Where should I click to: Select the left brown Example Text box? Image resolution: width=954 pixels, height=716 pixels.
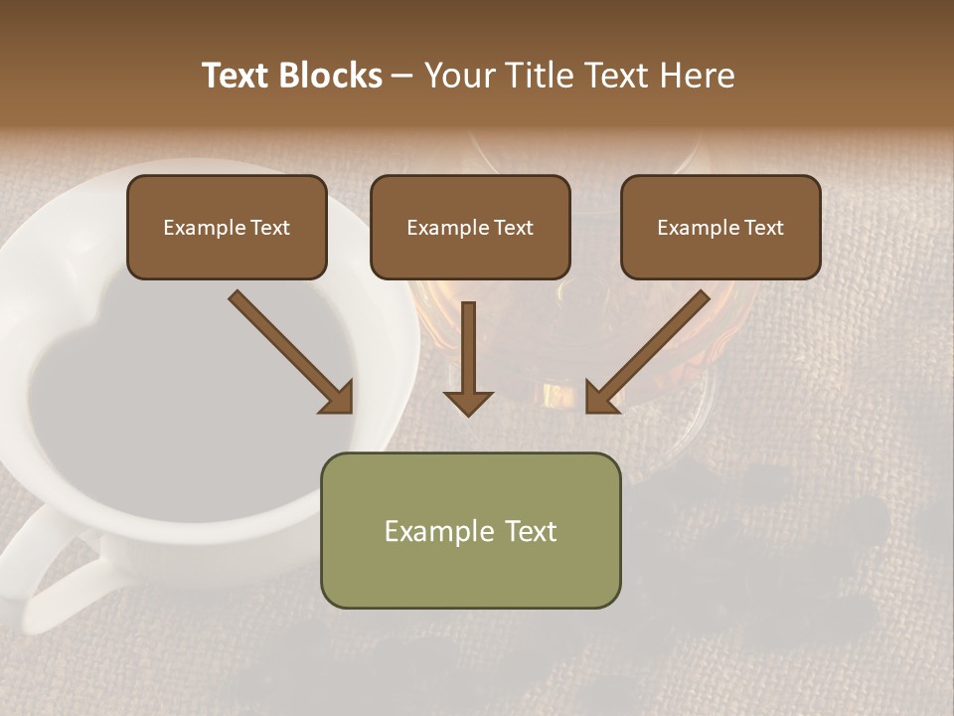click(227, 227)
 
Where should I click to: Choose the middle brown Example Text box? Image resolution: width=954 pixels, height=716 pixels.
click(470, 227)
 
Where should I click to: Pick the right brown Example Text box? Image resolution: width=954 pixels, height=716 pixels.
click(720, 227)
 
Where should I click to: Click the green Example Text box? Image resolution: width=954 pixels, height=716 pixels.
click(470, 530)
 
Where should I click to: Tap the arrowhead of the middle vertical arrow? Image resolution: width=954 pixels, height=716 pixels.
click(468, 402)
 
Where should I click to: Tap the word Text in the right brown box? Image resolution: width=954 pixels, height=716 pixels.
click(763, 227)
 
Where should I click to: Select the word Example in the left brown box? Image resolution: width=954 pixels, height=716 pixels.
click(198, 227)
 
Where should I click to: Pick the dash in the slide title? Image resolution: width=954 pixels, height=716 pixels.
click(402, 76)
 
